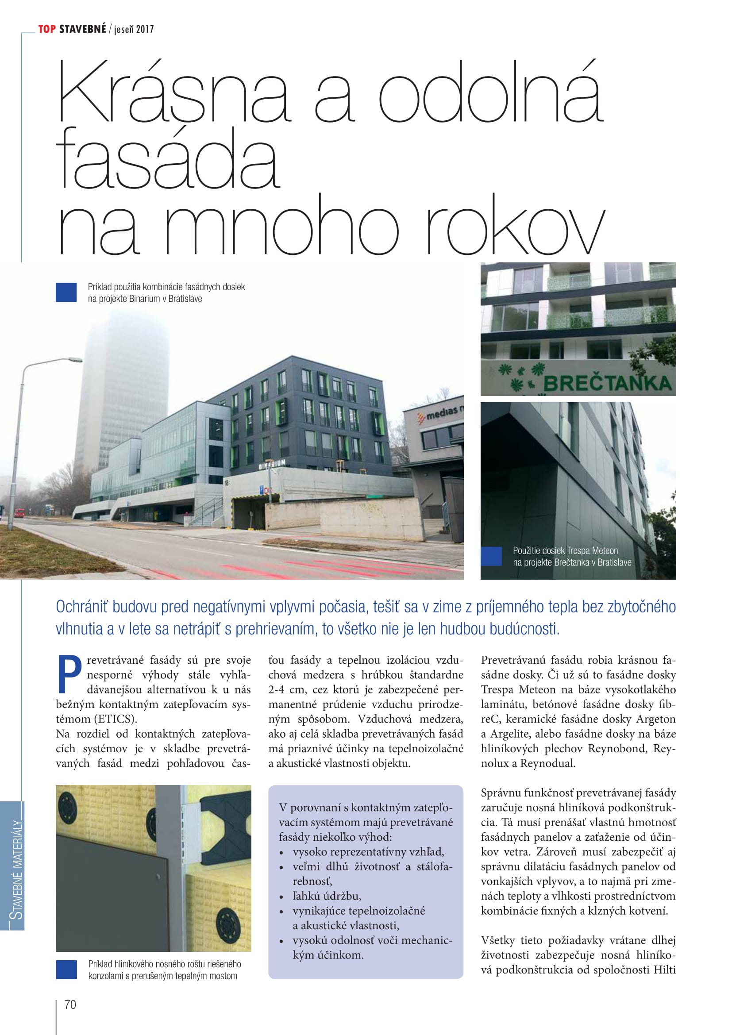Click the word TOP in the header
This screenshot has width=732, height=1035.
pyautogui.click(x=47, y=29)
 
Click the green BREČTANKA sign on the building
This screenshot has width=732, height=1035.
pyautogui.click(x=607, y=384)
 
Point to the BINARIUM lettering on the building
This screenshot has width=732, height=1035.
pyautogui.click(x=272, y=464)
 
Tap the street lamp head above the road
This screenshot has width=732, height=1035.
pyautogui.click(x=73, y=360)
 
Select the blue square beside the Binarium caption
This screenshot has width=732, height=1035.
pyautogui.click(x=66, y=292)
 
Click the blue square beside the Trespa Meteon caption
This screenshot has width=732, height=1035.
pyautogui.click(x=491, y=556)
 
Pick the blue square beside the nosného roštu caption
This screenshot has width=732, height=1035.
pyautogui.click(x=66, y=970)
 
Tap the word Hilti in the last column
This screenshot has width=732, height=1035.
pyautogui.click(x=664, y=970)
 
